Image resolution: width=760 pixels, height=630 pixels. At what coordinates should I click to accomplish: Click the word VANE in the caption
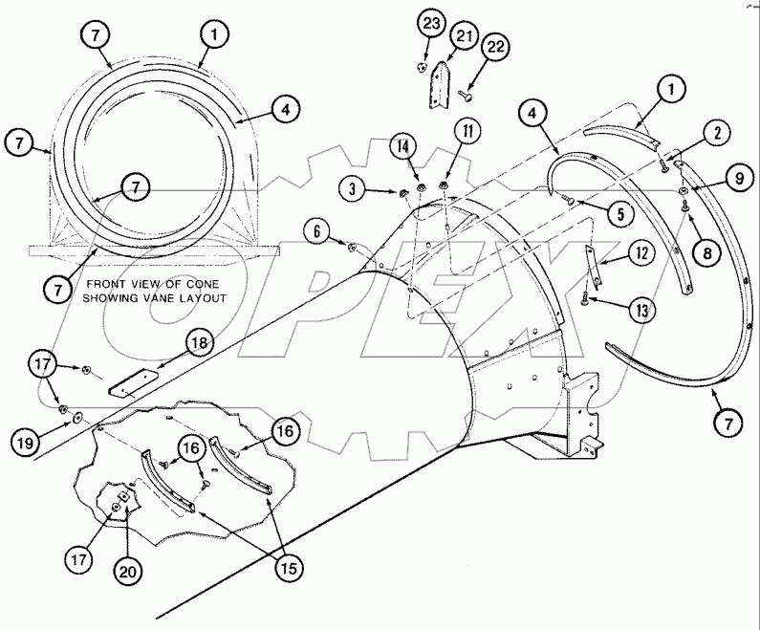click(146, 298)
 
